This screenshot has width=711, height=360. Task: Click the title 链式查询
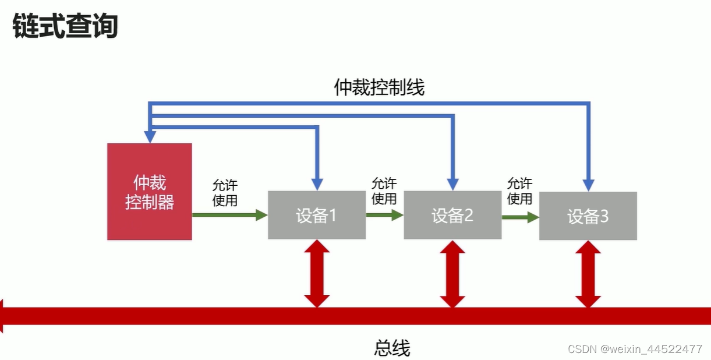pyautogui.click(x=65, y=26)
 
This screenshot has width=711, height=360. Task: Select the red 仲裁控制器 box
pyautogui.click(x=150, y=192)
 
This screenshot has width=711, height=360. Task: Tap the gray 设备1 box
pyautogui.click(x=317, y=216)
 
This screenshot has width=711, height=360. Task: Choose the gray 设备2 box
pyautogui.click(x=452, y=216)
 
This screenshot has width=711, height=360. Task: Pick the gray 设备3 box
pyautogui.click(x=588, y=216)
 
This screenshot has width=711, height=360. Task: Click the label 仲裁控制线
pyautogui.click(x=379, y=87)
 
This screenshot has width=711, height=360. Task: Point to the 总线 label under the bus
pyautogui.click(x=392, y=348)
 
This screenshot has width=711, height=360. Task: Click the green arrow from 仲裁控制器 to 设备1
pyautogui.click(x=229, y=215)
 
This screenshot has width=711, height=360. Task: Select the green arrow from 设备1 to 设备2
pyautogui.click(x=384, y=215)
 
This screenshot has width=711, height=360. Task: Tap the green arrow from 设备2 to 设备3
pyautogui.click(x=520, y=217)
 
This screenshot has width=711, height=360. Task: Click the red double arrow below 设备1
pyautogui.click(x=317, y=273)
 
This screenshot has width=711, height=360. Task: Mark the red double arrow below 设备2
pyautogui.click(x=452, y=273)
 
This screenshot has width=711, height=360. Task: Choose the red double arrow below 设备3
pyautogui.click(x=588, y=273)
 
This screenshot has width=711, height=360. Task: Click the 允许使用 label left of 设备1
pyautogui.click(x=225, y=193)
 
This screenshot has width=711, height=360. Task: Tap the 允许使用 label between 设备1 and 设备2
pyautogui.click(x=384, y=190)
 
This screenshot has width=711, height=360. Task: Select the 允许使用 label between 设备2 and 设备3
pyautogui.click(x=519, y=190)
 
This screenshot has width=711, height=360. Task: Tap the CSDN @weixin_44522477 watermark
pyautogui.click(x=635, y=349)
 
